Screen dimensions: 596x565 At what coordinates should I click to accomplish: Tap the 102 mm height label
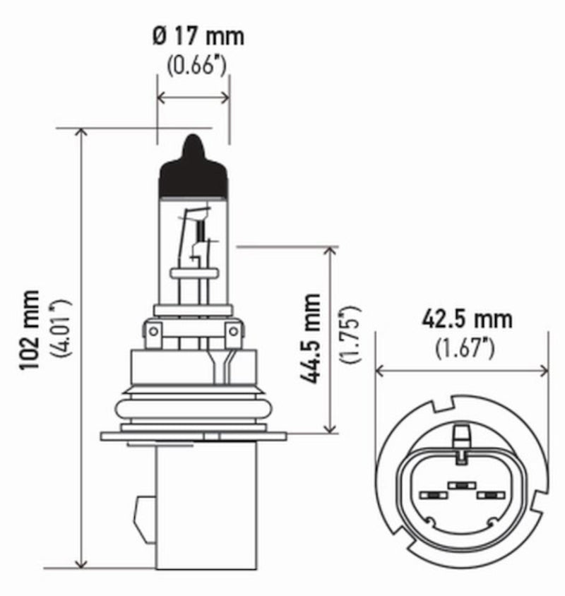33,332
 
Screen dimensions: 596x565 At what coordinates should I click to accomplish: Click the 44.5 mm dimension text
311,339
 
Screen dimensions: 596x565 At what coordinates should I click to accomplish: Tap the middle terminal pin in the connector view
461,485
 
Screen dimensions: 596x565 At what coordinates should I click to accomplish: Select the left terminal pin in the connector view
434,497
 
